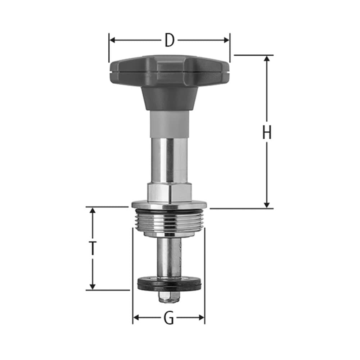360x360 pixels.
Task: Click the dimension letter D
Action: pos(169,40)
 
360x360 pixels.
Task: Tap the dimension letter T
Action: pos(93,248)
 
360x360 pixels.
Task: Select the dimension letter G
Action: pos(168,318)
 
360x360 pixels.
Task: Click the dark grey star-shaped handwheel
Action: pos(169,70)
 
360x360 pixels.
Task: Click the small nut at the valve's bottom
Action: pos(169,297)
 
